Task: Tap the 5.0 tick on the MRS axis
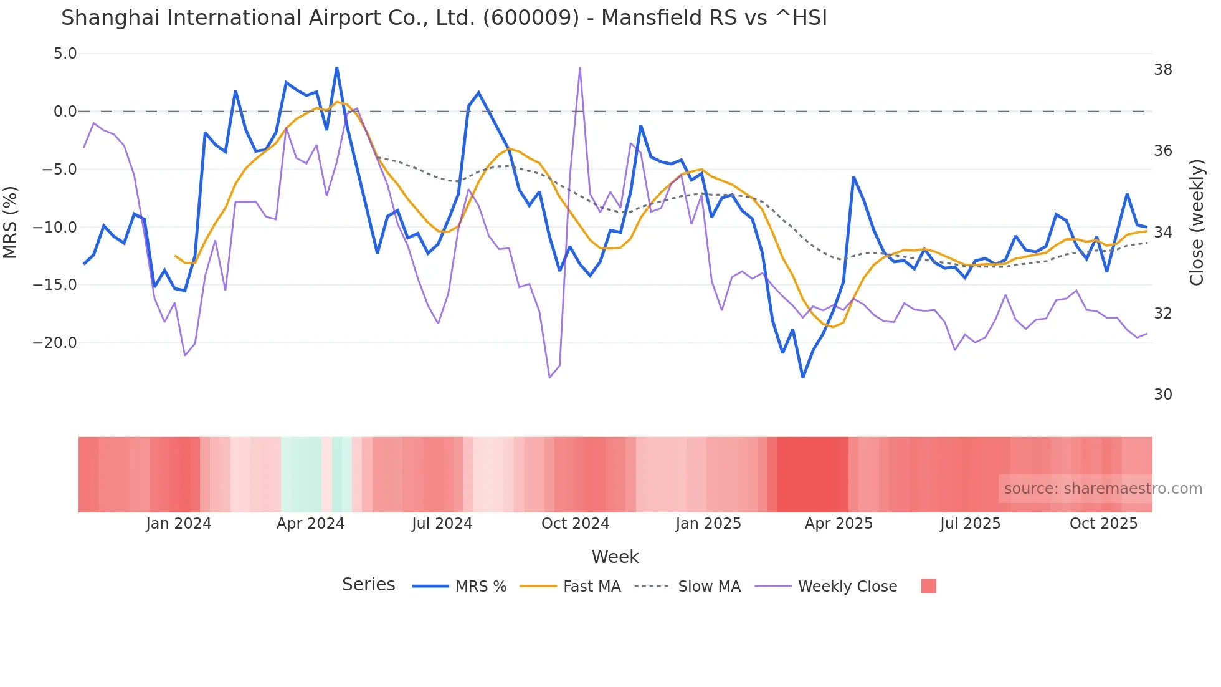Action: (65, 54)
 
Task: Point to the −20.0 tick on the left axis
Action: (55, 343)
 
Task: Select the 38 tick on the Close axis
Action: (1163, 70)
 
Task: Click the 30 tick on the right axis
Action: (1163, 395)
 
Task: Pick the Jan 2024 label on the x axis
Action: (179, 524)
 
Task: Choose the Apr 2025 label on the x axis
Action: (839, 524)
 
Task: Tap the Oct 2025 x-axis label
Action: (1103, 524)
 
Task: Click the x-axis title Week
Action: (615, 557)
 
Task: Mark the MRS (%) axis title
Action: (11, 222)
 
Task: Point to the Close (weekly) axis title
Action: (1197, 223)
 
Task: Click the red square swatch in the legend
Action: (928, 586)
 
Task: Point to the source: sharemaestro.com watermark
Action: (1103, 489)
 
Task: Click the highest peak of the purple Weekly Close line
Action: (580, 68)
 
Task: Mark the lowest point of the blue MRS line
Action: (803, 377)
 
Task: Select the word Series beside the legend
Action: (368, 585)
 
